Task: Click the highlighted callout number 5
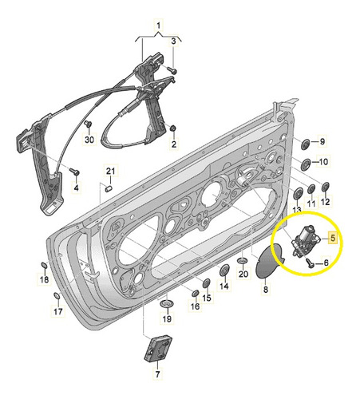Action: click(x=333, y=238)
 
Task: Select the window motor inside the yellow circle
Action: click(x=304, y=239)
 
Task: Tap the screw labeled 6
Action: click(x=311, y=263)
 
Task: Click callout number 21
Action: click(x=110, y=171)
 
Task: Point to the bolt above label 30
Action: click(x=88, y=124)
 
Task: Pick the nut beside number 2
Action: click(x=173, y=128)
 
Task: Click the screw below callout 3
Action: click(x=172, y=70)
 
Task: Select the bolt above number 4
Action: click(x=74, y=172)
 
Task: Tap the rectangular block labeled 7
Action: click(x=158, y=349)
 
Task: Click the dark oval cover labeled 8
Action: click(x=267, y=262)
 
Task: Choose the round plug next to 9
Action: click(x=305, y=144)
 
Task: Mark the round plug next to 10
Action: click(x=306, y=164)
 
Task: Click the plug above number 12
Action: click(x=325, y=187)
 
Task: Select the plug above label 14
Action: click(x=224, y=270)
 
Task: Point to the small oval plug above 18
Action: click(x=44, y=265)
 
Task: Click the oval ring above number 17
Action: click(x=57, y=296)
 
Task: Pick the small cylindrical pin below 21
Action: click(x=109, y=188)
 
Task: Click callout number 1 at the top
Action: click(x=158, y=26)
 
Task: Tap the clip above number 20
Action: click(x=242, y=260)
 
